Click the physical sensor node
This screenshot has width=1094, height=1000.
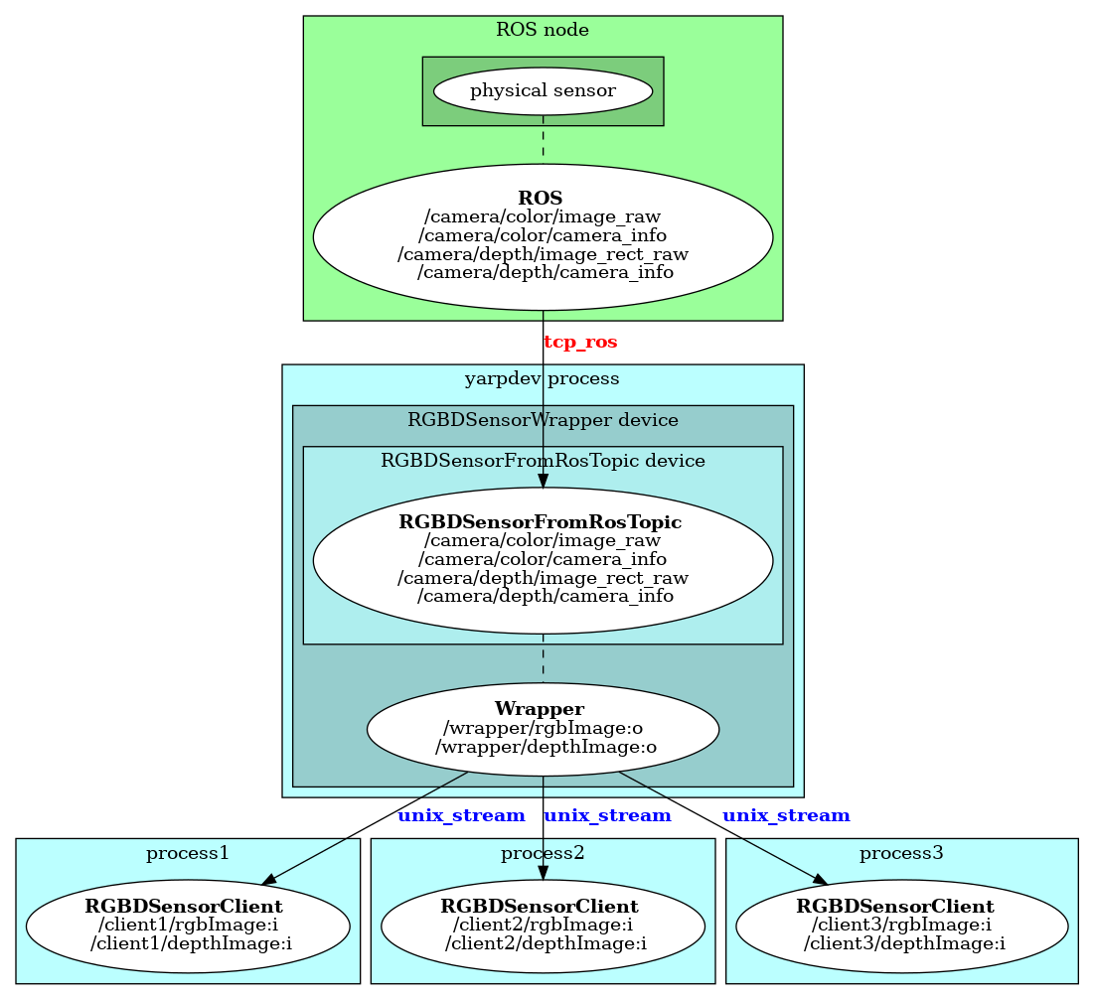click(x=543, y=91)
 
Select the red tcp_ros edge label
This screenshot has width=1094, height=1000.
click(x=580, y=343)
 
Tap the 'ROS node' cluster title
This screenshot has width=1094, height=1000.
click(x=543, y=30)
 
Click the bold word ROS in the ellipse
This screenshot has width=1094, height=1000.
click(x=543, y=198)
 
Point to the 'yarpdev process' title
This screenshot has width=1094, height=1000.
click(x=543, y=379)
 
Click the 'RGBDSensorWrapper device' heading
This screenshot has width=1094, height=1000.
click(x=543, y=420)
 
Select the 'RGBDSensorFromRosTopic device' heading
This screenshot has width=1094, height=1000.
click(x=543, y=461)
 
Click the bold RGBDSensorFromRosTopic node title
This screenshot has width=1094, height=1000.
click(x=541, y=522)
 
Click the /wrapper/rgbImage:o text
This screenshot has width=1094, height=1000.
click(x=543, y=728)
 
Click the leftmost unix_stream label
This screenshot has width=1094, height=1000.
click(x=461, y=816)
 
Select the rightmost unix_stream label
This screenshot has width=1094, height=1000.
click(x=786, y=816)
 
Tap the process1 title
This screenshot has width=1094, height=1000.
click(x=188, y=853)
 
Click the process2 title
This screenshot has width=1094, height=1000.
click(x=543, y=853)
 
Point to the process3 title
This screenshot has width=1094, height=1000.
click(x=901, y=853)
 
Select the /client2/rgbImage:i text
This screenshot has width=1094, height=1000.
click(x=544, y=925)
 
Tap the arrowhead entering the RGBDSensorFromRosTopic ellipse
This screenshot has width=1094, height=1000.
click(x=543, y=481)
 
